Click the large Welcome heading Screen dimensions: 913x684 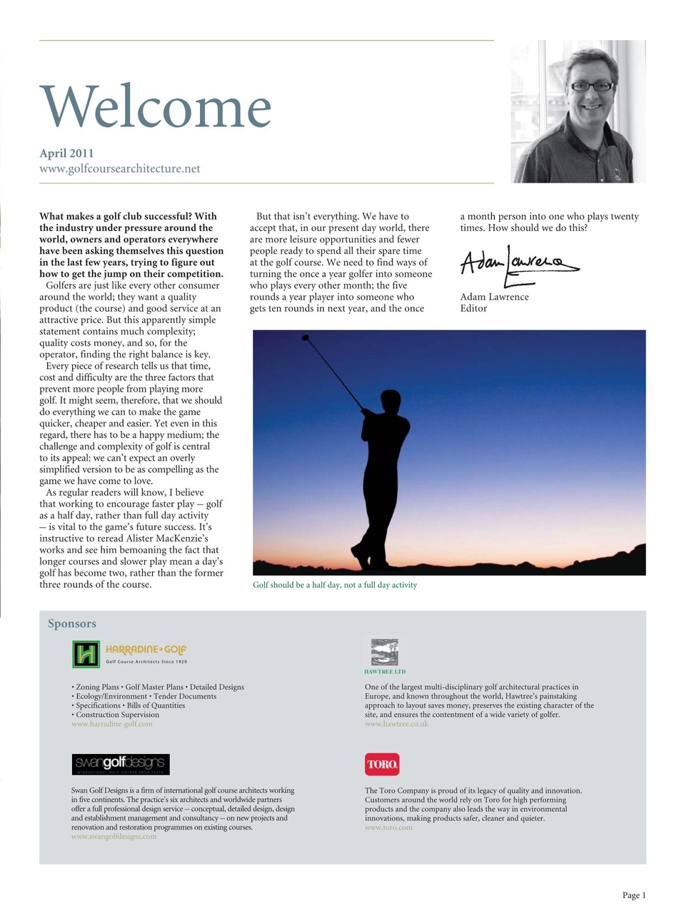pos(156,107)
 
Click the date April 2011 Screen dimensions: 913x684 pos(66,153)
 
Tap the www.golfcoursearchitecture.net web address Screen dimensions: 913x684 pos(120,169)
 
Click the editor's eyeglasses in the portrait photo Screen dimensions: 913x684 pos(591,86)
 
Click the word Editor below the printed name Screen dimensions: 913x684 pos(473,309)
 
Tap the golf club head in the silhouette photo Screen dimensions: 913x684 pos(306,337)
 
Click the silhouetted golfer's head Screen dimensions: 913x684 pos(390,400)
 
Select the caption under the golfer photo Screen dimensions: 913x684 pos(335,585)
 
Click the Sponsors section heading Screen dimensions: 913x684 pos(72,623)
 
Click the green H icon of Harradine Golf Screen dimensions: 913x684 pos(86,654)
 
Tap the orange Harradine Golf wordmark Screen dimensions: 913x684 pos(146,650)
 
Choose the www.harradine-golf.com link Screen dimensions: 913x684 pos(112,724)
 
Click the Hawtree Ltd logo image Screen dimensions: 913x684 pos(385,652)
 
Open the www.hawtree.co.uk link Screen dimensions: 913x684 pos(396,724)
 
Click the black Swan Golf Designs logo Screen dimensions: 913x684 pos(121,764)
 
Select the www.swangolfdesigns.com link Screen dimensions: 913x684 pos(114,837)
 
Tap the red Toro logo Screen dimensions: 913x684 pos(382,765)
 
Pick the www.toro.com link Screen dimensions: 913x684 pos(388,828)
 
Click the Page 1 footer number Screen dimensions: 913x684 pos(633,896)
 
